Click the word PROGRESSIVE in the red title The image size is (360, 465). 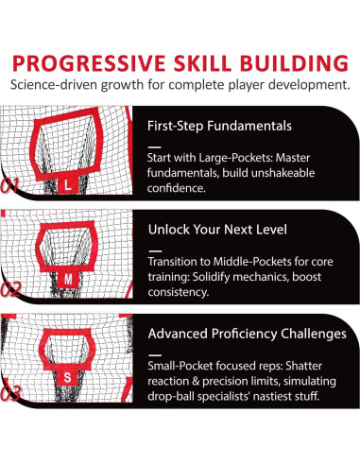[x=89, y=63]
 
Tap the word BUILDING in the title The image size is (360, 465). [x=294, y=63]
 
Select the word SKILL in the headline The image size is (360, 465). [x=203, y=63]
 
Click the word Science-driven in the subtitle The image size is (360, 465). [x=54, y=85]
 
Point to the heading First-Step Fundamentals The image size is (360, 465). [x=219, y=126]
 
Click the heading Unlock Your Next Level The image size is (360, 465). [x=217, y=230]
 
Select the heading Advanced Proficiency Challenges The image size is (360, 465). [x=248, y=334]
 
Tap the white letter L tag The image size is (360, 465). [x=67, y=185]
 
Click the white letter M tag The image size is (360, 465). [x=68, y=279]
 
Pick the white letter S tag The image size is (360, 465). [x=67, y=377]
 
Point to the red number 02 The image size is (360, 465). [x=10, y=289]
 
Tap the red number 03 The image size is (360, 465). [x=10, y=393]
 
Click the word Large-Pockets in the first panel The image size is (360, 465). [x=236, y=158]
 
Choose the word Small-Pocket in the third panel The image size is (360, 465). [x=180, y=366]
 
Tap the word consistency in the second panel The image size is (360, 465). [x=179, y=292]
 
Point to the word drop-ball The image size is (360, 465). [x=171, y=396]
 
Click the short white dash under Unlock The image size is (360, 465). [x=155, y=251]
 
